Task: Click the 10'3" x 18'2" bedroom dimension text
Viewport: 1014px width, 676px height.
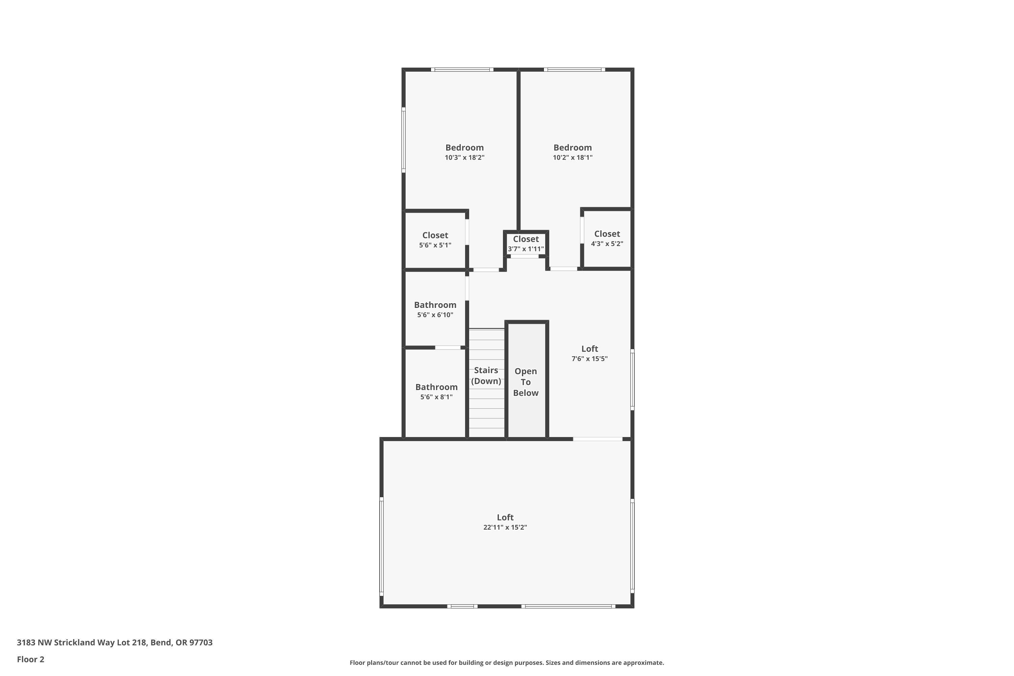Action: (464, 158)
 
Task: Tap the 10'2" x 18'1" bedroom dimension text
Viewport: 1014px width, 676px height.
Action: (573, 158)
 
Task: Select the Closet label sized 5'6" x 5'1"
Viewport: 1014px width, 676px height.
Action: (435, 235)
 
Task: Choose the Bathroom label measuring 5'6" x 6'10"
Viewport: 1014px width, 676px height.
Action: (435, 305)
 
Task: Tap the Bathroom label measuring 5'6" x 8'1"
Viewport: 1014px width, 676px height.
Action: (436, 387)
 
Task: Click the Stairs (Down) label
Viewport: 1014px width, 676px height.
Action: (486, 376)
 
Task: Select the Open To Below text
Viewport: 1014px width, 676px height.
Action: (526, 382)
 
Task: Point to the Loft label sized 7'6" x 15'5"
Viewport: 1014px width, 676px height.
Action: (589, 349)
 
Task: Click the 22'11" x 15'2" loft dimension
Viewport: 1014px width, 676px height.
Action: (505, 527)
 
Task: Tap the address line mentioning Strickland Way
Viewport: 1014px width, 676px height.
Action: (115, 643)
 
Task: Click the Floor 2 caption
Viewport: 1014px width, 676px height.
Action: (31, 659)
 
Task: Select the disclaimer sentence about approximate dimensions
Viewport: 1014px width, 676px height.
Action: (507, 662)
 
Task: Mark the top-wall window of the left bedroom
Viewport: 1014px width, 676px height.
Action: (462, 69)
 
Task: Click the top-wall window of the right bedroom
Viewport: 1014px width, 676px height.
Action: (574, 69)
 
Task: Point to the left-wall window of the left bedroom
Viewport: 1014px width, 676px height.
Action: (404, 140)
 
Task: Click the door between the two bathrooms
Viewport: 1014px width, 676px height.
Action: (448, 347)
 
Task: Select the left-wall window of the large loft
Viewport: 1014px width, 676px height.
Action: (382, 546)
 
